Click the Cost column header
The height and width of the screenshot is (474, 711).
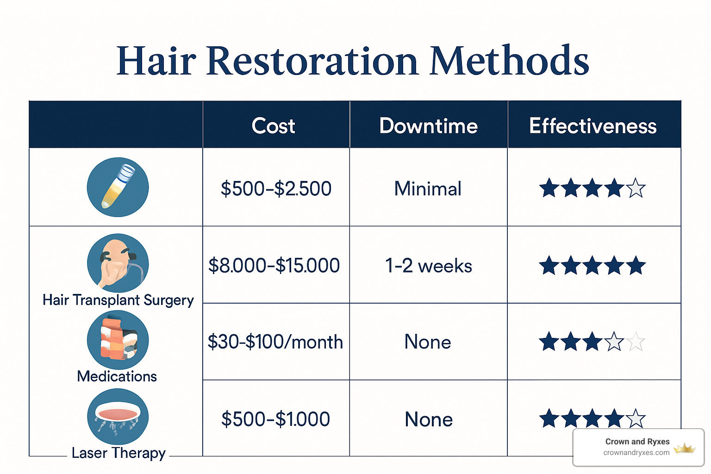click(x=273, y=126)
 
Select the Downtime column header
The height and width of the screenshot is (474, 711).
click(x=428, y=126)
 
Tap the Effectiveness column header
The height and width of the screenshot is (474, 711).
click(x=592, y=126)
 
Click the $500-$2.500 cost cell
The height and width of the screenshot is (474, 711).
click(x=276, y=189)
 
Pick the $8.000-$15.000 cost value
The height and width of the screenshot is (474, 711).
click(x=274, y=266)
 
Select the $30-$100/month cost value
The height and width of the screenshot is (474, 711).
click(x=275, y=342)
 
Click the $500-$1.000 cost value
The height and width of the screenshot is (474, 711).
click(x=275, y=419)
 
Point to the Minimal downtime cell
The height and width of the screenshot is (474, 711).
click(x=428, y=189)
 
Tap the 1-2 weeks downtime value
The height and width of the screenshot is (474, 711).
click(x=428, y=266)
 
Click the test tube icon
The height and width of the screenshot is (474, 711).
click(x=118, y=187)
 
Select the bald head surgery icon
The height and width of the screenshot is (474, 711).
click(x=118, y=263)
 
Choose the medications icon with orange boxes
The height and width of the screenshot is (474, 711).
click(x=118, y=340)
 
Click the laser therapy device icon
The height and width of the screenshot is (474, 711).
click(x=118, y=416)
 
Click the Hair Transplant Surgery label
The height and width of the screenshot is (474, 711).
click(x=118, y=300)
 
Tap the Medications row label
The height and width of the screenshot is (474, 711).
click(x=117, y=376)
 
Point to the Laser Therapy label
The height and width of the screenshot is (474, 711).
click(x=118, y=453)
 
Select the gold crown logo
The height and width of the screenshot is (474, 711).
click(x=685, y=448)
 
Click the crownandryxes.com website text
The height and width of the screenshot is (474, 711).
click(x=636, y=453)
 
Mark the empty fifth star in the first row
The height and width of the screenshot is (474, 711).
click(x=636, y=188)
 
